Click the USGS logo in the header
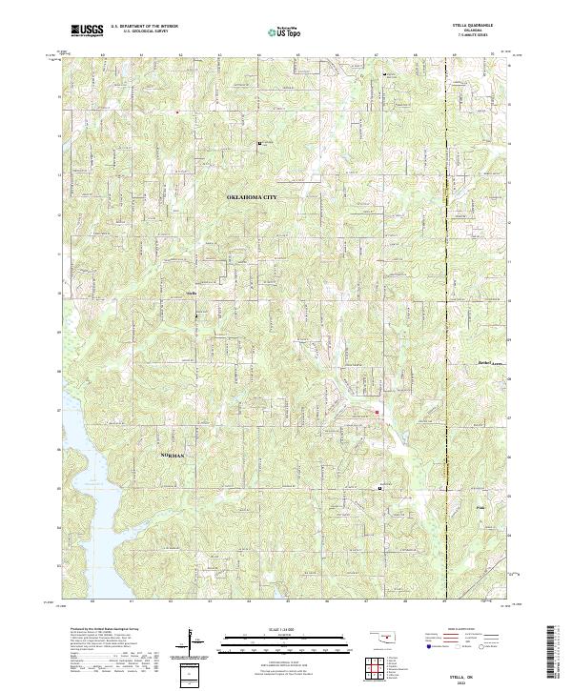pos(87,30)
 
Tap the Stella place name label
pos(190,293)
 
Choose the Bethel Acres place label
pos(489,363)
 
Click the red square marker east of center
pos(377,412)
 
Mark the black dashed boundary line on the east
pos(447,286)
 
